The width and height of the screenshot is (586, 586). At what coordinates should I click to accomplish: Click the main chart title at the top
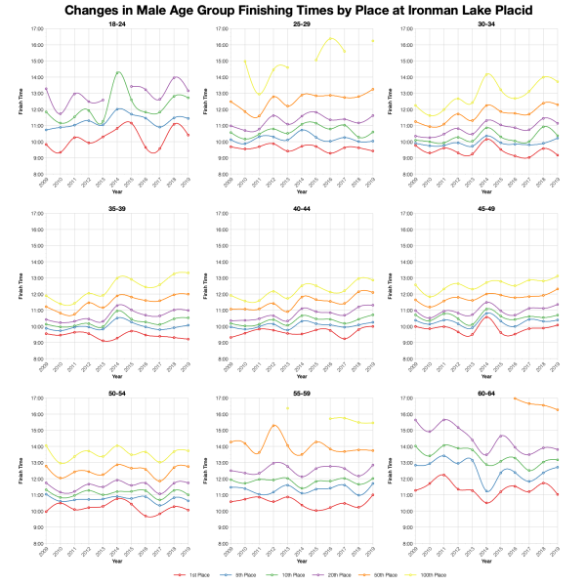pos(293,10)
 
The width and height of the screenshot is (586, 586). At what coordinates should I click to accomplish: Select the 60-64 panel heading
pos(485,393)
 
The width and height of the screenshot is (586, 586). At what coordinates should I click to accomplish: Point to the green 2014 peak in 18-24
pos(118,72)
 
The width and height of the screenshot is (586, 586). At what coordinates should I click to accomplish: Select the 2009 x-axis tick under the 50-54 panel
pos(46,555)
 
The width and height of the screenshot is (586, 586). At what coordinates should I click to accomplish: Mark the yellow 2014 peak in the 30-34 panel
pos(487,74)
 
